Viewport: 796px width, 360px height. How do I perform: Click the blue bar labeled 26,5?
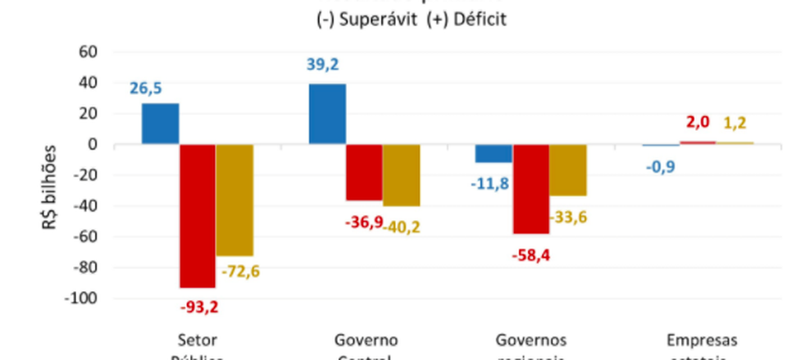[x=160, y=124]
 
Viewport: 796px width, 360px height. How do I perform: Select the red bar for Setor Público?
[x=198, y=216]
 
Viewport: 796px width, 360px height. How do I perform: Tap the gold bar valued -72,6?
[x=234, y=200]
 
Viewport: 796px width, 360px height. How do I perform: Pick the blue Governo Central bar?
[x=326, y=114]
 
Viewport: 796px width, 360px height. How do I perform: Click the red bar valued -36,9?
[x=363, y=172]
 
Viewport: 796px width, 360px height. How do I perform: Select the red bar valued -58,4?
[x=530, y=189]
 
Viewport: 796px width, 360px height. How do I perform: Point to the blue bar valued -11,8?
[x=493, y=153]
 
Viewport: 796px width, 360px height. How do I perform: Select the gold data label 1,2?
[x=736, y=124]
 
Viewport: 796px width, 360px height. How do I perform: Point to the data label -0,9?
[x=657, y=166]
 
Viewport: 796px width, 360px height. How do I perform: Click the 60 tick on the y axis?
[x=88, y=52]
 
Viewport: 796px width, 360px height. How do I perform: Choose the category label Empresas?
[x=702, y=340]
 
